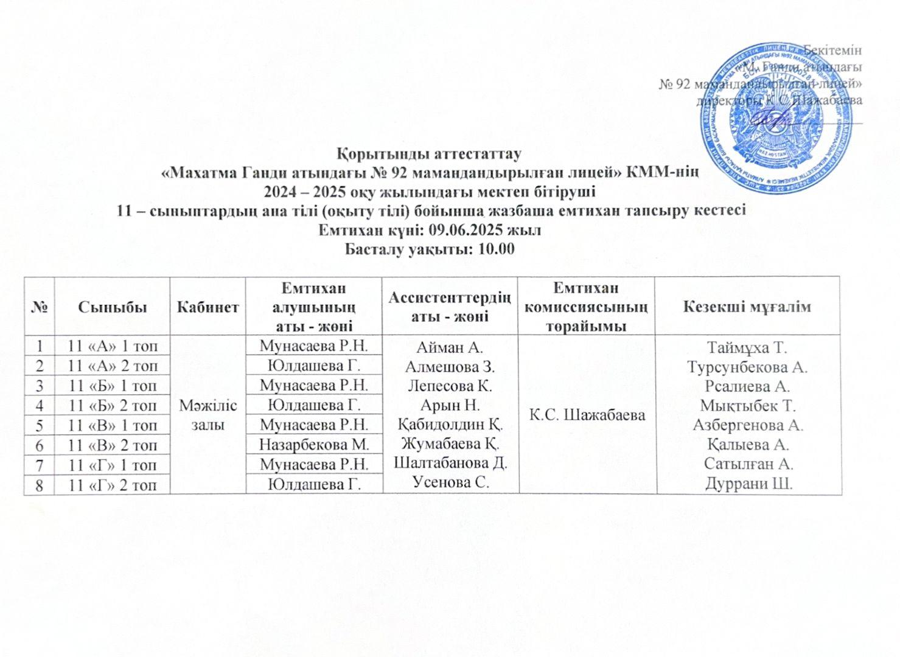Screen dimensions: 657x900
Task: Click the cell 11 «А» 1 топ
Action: [113, 347]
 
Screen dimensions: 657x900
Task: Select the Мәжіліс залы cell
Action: [208, 415]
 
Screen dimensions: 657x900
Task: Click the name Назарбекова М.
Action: [313, 445]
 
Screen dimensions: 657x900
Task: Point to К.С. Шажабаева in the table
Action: [587, 415]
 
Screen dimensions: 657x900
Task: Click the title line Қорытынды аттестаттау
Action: [430, 148]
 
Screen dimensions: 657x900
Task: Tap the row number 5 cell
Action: [39, 425]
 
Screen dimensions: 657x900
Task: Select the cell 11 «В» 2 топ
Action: [113, 445]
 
